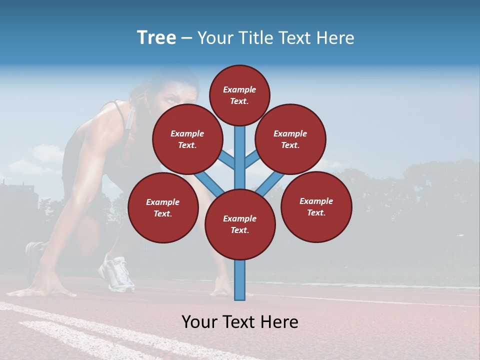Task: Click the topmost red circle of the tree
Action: pos(239,95)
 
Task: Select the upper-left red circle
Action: pos(187,139)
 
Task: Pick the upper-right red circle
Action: pos(290,139)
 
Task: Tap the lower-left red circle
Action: pos(163,207)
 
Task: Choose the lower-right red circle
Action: pos(316,206)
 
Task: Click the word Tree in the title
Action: pos(156,37)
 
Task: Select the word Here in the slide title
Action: pos(335,38)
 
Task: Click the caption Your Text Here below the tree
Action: pos(240,322)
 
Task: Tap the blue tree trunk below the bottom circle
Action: pos(240,280)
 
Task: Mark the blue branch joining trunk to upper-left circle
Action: pos(226,159)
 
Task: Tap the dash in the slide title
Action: pos(186,38)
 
